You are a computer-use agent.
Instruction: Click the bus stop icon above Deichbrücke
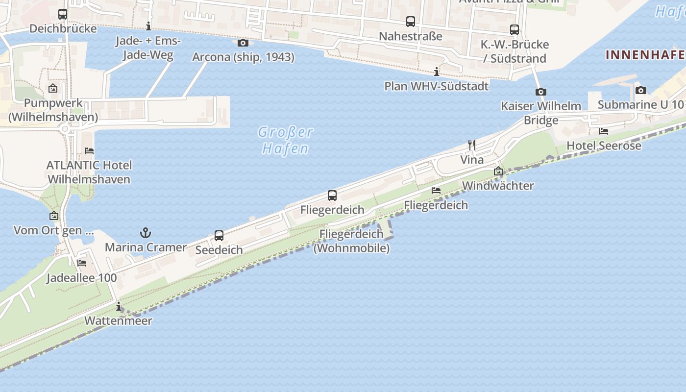[63, 14]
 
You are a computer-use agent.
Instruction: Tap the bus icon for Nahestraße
[411, 22]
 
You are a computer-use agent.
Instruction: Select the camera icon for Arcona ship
[243, 43]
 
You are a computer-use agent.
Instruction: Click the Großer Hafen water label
[285, 140]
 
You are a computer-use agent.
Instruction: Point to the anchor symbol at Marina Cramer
[146, 233]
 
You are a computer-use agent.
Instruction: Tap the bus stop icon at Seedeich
[219, 236]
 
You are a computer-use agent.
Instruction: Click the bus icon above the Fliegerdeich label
[332, 196]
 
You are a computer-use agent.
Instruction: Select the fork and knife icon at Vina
[472, 145]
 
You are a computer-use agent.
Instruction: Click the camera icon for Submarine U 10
[640, 90]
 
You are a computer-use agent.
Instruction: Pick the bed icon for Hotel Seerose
[604, 131]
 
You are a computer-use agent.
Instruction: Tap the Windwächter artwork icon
[498, 171]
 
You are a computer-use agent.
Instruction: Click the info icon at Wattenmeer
[118, 307]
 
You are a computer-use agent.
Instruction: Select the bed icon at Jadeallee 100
[82, 263]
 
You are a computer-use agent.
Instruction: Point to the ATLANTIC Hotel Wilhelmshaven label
[89, 172]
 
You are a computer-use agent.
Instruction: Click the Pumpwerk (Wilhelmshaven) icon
[53, 89]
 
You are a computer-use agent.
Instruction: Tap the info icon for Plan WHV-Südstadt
[436, 72]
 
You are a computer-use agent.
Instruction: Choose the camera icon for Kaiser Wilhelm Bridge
[541, 92]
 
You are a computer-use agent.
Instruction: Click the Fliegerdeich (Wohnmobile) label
[351, 241]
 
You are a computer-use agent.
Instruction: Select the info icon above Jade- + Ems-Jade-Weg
[148, 26]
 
